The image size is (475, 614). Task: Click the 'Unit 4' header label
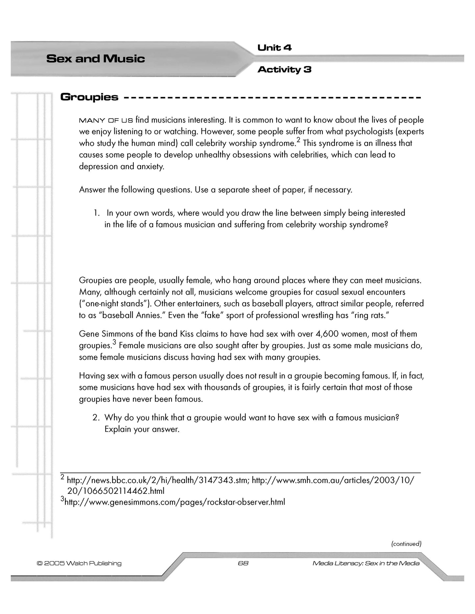[274, 48]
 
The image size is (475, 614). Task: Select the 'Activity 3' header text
[284, 70]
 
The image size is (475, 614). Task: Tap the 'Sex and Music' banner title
[95, 59]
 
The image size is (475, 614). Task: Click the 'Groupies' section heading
[89, 97]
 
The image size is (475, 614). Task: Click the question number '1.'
[97, 213]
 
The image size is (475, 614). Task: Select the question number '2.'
[96, 418]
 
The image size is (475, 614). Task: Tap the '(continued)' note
[406, 544]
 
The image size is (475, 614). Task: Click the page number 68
[243, 563]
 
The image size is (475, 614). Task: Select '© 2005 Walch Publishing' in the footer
[79, 563]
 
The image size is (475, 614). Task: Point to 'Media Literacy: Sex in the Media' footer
[366, 563]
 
